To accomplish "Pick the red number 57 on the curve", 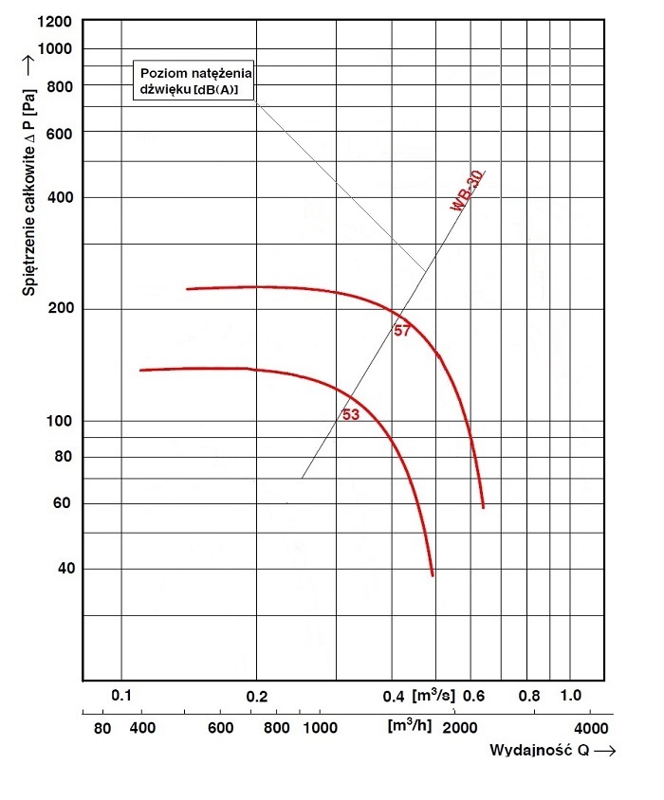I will click(x=402, y=331).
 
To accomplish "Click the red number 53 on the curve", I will click(x=350, y=414).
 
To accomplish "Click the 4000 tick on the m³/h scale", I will click(x=590, y=728).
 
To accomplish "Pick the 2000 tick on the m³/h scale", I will click(x=459, y=728).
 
